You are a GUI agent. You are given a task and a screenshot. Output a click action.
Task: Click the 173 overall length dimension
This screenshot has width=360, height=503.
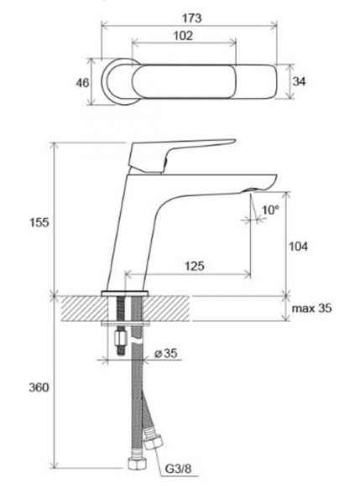pos(192,18)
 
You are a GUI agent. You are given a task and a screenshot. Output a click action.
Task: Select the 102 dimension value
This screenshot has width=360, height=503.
pos(184,35)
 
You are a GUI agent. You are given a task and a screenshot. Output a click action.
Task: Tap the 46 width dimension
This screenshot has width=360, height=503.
pos(82,83)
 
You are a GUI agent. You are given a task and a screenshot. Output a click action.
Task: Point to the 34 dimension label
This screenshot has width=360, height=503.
pos(299,81)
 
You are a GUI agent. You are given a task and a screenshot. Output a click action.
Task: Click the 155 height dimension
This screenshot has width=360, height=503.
pos(39,222)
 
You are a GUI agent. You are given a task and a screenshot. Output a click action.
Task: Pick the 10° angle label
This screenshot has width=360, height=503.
pos(270,210)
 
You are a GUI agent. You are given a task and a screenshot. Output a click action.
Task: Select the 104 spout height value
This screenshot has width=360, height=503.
pos(299,246)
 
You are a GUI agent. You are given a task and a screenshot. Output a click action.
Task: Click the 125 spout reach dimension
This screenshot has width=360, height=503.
pos(195,266)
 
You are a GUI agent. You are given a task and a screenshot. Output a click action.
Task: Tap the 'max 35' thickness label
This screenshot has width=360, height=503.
pos(311,309)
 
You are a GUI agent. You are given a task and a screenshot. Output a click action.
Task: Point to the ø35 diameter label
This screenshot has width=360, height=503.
pos(165,353)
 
